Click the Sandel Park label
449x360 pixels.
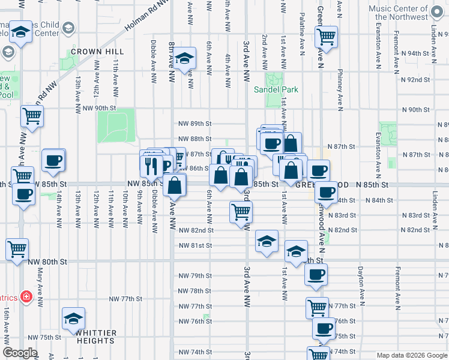pos(276,89)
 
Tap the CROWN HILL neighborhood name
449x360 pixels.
pos(92,52)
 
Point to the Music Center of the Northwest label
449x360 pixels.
pos(406,13)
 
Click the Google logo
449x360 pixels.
pos(20,353)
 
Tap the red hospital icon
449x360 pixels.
pos(25,297)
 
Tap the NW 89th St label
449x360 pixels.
pos(195,124)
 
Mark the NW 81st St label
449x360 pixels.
pos(195,245)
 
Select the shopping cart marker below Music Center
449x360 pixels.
pos(326,36)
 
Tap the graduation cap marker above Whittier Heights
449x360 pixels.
pos(73,318)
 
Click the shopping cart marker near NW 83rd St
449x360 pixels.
pos(241,211)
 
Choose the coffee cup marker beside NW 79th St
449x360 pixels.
pos(316,275)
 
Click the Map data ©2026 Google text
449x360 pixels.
pos(412,355)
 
